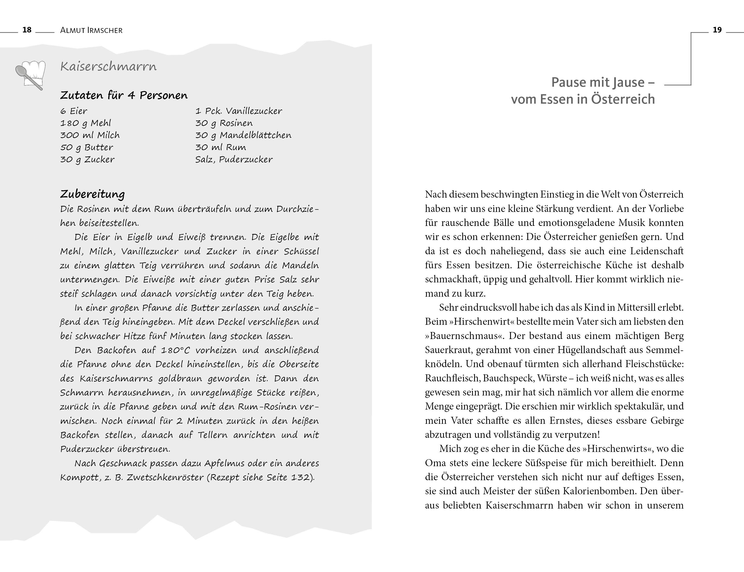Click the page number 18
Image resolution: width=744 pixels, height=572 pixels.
point(27,30)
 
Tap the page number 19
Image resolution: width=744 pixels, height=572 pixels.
point(717,30)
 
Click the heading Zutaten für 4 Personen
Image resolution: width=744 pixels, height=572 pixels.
point(124,95)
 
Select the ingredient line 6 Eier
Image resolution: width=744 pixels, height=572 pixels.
point(74,111)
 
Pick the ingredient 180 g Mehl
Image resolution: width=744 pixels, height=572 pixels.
point(86,123)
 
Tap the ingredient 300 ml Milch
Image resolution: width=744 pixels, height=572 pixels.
point(90,135)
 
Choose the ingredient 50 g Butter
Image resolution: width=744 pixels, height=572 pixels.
point(86,147)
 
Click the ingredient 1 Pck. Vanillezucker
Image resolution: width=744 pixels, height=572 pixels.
point(238,111)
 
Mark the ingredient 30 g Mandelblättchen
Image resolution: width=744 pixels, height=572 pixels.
point(243,135)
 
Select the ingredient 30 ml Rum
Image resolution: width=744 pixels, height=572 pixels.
point(220,147)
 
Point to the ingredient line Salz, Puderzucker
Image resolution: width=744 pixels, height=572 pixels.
point(234,160)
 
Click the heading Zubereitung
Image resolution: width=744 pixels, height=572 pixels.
point(92,194)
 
